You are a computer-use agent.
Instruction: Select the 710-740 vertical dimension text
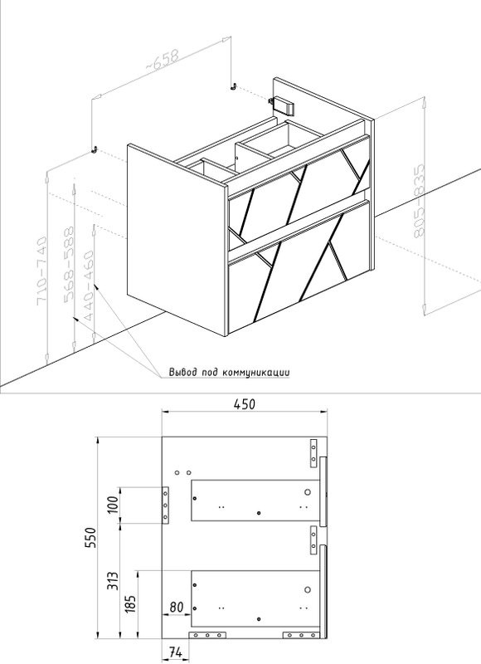pyautogui.click(x=43, y=272)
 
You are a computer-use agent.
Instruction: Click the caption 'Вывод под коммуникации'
pyautogui.click(x=229, y=373)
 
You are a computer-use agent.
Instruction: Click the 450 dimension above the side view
pyautogui.click(x=242, y=404)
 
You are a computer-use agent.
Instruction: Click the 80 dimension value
pyautogui.click(x=175, y=607)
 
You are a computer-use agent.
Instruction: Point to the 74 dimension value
pyautogui.click(x=175, y=652)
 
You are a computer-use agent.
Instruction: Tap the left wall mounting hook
pyautogui.click(x=95, y=149)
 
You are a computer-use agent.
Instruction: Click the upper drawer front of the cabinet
pyautogui.click(x=299, y=192)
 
